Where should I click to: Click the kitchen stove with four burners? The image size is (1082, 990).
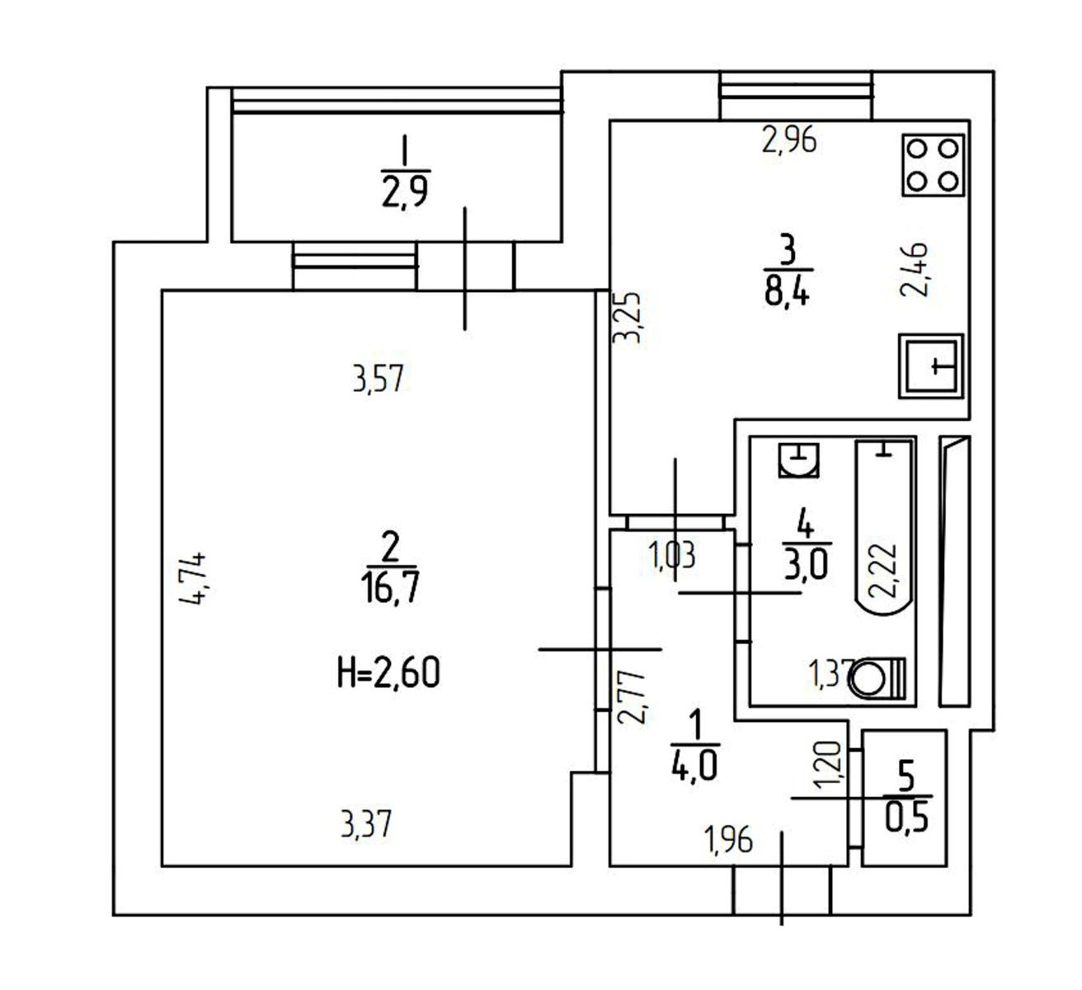pos(933,165)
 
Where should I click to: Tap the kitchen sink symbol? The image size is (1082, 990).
pos(931,366)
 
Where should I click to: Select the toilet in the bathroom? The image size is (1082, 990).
pos(877,677)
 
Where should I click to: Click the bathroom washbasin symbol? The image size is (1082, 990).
pos(798,460)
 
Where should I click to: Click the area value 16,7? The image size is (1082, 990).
pos(392,588)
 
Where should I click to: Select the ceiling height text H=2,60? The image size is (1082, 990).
pos(388,672)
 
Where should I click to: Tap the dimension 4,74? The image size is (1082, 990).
pos(192,578)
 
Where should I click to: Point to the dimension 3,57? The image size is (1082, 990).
pos(378,379)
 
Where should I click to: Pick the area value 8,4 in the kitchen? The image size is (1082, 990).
pos(788,291)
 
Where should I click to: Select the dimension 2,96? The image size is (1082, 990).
pos(789,139)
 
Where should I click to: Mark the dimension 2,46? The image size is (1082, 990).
pos(915,269)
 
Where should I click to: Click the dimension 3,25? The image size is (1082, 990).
pos(628,318)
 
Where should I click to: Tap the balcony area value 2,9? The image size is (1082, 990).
pos(405,192)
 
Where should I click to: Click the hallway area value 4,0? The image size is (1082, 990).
pos(694,766)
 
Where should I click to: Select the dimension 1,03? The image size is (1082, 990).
pos(672,555)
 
